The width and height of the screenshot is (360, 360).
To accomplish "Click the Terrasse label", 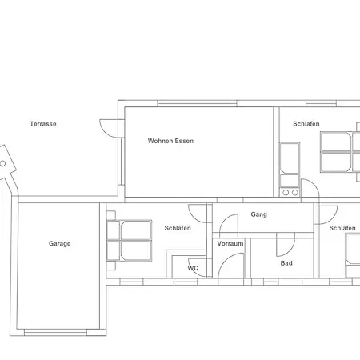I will [43, 124].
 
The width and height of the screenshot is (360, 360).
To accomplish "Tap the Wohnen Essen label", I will [170, 141].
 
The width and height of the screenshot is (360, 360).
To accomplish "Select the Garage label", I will [59, 243].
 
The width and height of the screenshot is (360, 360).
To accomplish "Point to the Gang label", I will [258, 214].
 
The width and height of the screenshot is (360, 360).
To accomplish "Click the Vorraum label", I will [230, 242].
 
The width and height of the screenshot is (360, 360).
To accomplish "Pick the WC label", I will [193, 268].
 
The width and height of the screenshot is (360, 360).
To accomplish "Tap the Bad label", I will [286, 263].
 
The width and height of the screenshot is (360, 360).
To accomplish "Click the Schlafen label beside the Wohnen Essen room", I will [306, 124].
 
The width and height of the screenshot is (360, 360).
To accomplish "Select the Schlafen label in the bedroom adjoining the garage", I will [177, 228].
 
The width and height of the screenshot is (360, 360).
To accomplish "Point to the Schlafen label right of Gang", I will [342, 228].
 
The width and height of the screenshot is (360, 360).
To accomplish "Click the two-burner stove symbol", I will [290, 192].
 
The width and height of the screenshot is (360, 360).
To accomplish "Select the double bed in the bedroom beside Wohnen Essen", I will [337, 152].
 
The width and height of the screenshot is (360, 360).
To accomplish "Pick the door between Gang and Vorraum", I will [229, 224].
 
